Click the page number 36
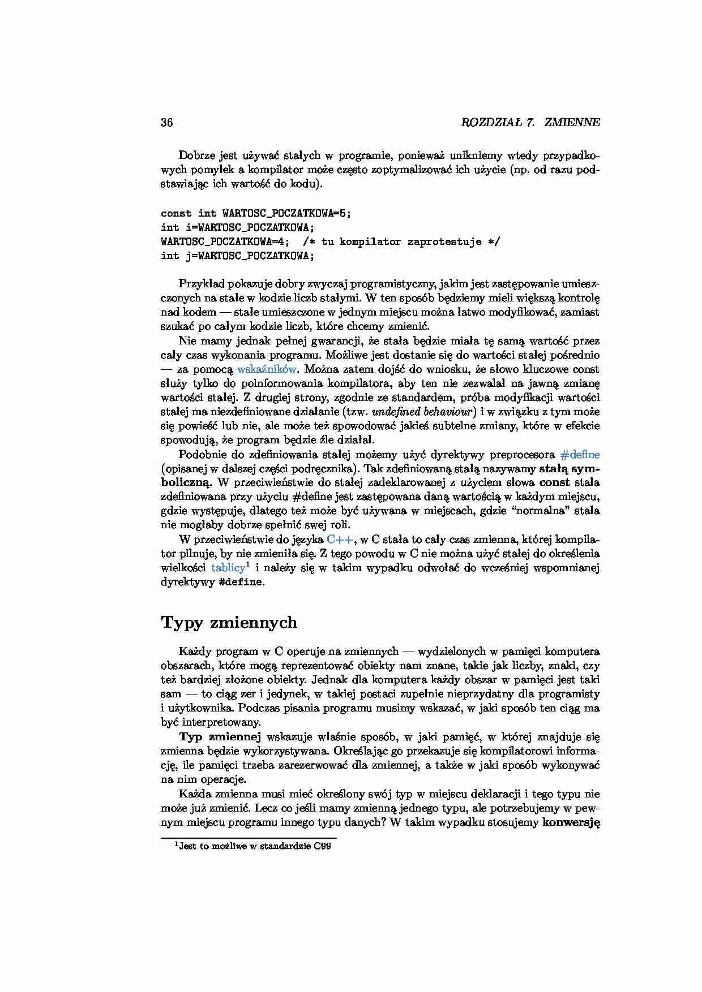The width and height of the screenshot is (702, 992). point(167,123)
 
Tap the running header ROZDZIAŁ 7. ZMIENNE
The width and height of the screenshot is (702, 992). point(530,123)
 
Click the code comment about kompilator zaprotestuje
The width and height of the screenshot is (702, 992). point(401,242)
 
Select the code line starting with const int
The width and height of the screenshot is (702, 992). point(256,214)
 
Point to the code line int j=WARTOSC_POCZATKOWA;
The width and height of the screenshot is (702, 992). point(237,256)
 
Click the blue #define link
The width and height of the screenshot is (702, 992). point(579,455)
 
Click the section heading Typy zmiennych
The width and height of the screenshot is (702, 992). point(229,623)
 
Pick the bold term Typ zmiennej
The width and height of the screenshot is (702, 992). point(220,737)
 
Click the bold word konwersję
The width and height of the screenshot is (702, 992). point(571,822)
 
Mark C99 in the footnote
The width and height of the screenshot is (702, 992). point(322,847)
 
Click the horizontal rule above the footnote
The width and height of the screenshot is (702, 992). point(249,838)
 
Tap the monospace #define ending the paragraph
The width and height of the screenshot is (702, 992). point(240,583)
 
